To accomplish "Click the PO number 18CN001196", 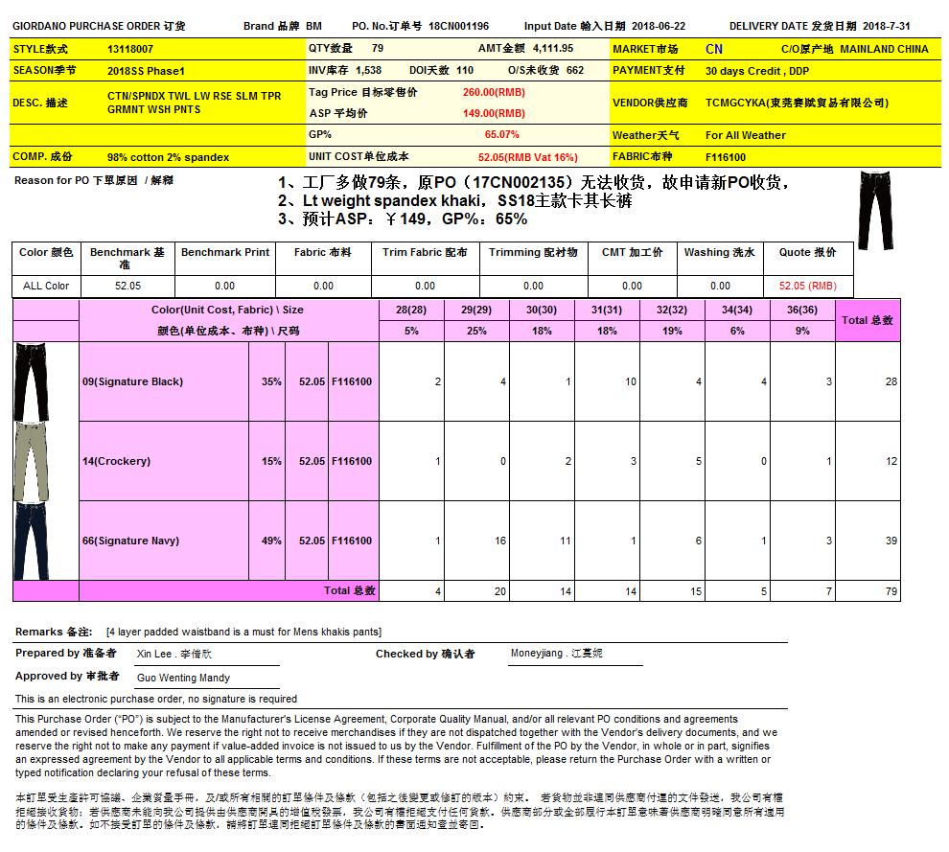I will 458,26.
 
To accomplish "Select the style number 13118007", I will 130,48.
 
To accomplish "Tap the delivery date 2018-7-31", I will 889,26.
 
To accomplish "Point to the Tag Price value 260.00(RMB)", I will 494,92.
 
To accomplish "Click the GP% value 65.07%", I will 501,135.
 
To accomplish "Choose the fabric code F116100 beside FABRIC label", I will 726,156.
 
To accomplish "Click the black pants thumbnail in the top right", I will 876,210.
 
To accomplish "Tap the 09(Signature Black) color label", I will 132,381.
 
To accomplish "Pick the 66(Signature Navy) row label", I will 130,541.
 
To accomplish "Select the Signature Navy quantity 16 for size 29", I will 499,541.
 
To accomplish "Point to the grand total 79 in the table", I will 891,591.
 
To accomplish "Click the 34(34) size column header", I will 736,310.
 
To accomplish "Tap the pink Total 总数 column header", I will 868,320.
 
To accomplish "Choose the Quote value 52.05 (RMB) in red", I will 807,286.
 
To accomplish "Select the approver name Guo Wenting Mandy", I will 183,678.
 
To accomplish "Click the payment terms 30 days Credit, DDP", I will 756,71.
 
